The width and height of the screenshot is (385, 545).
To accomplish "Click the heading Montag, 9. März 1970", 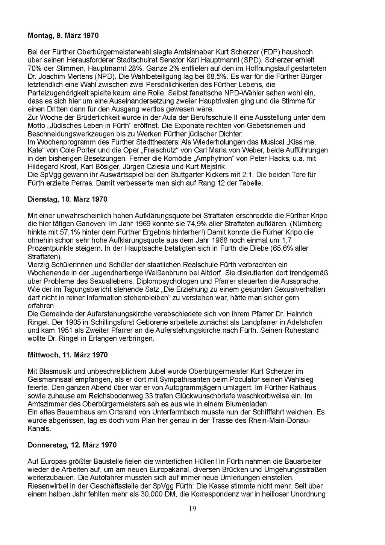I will [63, 36].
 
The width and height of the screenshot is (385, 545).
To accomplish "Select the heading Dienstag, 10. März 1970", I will [68, 199].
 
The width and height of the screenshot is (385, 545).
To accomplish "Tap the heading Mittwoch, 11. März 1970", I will [68, 355].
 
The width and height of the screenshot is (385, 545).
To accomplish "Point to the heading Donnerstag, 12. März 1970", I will [72, 445].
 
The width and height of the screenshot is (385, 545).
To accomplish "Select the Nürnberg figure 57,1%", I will [78, 232].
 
